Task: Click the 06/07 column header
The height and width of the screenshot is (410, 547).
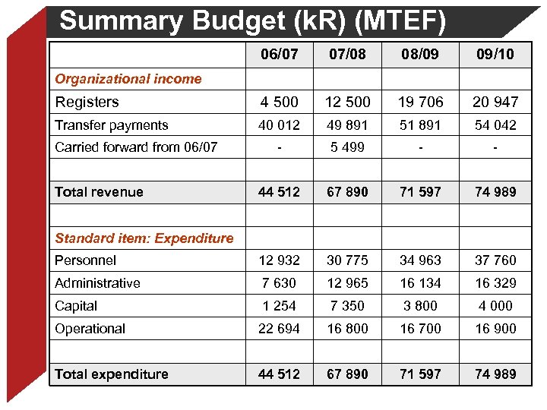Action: [x=279, y=54]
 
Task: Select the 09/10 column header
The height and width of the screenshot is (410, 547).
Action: [x=495, y=54]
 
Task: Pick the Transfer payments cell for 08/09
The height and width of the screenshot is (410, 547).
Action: [x=419, y=125]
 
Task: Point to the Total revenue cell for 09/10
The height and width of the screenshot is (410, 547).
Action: [x=495, y=191]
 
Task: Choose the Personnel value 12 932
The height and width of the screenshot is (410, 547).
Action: [x=279, y=260]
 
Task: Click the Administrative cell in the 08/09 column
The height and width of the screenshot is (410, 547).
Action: [x=419, y=282]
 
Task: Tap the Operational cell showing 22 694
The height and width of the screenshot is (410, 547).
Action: [x=279, y=328]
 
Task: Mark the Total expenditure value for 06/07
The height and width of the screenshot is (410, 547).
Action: [x=279, y=374]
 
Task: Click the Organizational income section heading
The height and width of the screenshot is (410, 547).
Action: [x=128, y=78]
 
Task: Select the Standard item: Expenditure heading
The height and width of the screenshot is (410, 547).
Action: [x=144, y=238]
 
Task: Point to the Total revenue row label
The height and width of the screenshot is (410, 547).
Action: [x=99, y=191]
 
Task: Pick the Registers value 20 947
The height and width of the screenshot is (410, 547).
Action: [x=495, y=102]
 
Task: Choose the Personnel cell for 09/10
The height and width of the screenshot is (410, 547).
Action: [x=495, y=260]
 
